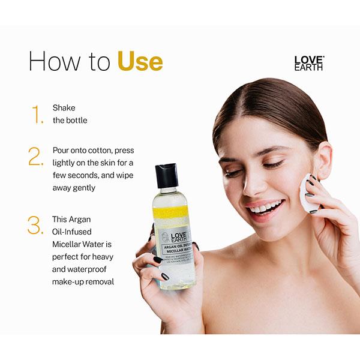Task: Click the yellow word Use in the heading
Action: (x=140, y=61)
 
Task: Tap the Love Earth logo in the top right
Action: (x=308, y=63)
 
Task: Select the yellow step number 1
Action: (x=38, y=114)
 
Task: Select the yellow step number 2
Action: (x=36, y=157)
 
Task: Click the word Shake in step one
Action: (x=64, y=108)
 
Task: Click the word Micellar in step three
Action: (x=69, y=244)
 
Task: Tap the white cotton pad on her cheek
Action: (x=309, y=193)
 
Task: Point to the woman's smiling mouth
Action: (x=265, y=208)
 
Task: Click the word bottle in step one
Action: (x=76, y=120)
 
